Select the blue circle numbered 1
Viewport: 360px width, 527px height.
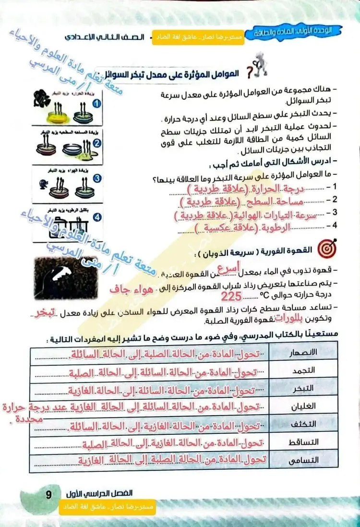click(96, 104)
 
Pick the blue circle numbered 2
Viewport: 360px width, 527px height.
click(96, 143)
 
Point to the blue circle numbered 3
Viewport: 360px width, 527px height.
click(96, 179)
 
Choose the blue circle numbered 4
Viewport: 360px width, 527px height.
click(97, 217)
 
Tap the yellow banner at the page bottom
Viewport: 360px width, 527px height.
click(108, 508)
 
